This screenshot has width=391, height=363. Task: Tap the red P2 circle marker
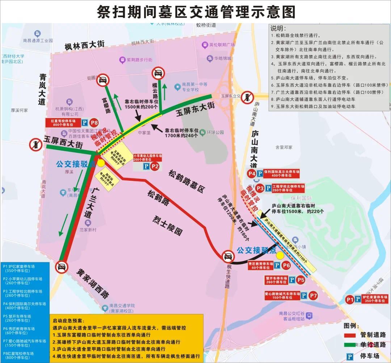pyautogui.click(x=155, y=166)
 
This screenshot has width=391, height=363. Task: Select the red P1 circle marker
pyautogui.click(x=349, y=300)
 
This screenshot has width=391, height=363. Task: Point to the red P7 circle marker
pyautogui.click(x=314, y=296)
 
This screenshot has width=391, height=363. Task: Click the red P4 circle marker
pyautogui.click(x=252, y=174)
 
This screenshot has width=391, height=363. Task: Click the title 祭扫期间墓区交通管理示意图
pyautogui.click(x=196, y=12)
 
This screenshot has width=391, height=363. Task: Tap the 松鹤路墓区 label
pyautogui.click(x=187, y=181)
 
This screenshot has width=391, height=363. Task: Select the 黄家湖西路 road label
pyautogui.click(x=93, y=283)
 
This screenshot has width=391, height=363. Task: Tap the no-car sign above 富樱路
pyautogui.click(x=103, y=80)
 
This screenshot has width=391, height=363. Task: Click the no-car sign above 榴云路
pyautogui.click(x=158, y=74)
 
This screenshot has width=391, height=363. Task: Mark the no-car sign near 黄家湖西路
pyautogui.click(x=62, y=267)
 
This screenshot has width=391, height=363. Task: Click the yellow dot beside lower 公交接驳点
pyautogui.click(x=280, y=255)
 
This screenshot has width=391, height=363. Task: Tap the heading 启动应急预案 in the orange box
pyautogui.click(x=68, y=321)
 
